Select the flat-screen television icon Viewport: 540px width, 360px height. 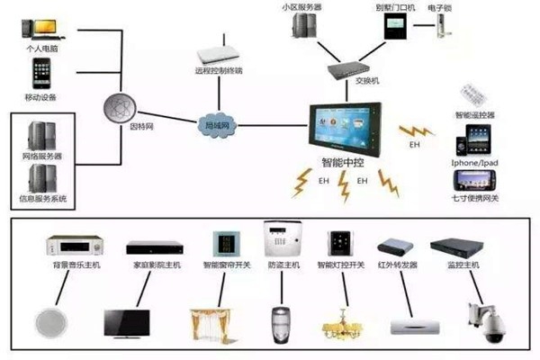click(127, 322)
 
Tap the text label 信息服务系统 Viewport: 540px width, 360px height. click(43, 198)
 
